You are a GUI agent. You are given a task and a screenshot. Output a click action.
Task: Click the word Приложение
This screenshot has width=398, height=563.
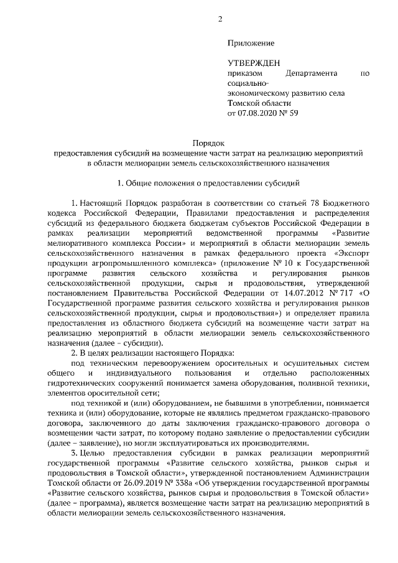click(x=251, y=43)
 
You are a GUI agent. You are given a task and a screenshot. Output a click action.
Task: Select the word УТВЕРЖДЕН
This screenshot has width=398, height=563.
click(x=254, y=63)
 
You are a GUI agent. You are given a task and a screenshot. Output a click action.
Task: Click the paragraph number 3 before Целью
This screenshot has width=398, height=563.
click(x=74, y=454)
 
